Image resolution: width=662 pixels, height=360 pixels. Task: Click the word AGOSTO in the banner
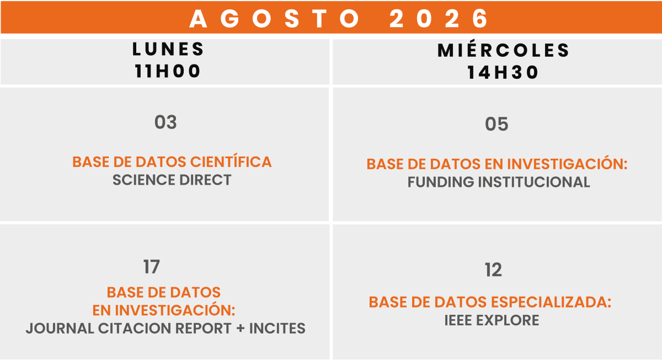[274, 19]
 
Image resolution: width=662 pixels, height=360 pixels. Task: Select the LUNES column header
[168, 49]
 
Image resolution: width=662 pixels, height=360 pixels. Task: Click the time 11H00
[168, 71]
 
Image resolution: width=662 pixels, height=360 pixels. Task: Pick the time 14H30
[503, 73]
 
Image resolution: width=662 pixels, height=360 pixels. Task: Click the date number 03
[165, 122]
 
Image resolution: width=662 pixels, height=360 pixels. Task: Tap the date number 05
[496, 124]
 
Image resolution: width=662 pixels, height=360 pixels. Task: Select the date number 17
[152, 267]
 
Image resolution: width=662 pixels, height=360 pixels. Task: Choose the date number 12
[493, 270]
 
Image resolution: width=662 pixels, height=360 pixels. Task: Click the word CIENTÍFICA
[231, 162]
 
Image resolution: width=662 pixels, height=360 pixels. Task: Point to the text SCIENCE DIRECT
[172, 180]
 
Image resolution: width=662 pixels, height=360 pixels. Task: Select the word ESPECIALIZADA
[551, 302]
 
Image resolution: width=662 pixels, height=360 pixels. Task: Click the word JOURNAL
[60, 329]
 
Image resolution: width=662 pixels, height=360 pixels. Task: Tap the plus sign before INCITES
[241, 329]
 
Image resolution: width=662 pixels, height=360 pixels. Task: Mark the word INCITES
[277, 329]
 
